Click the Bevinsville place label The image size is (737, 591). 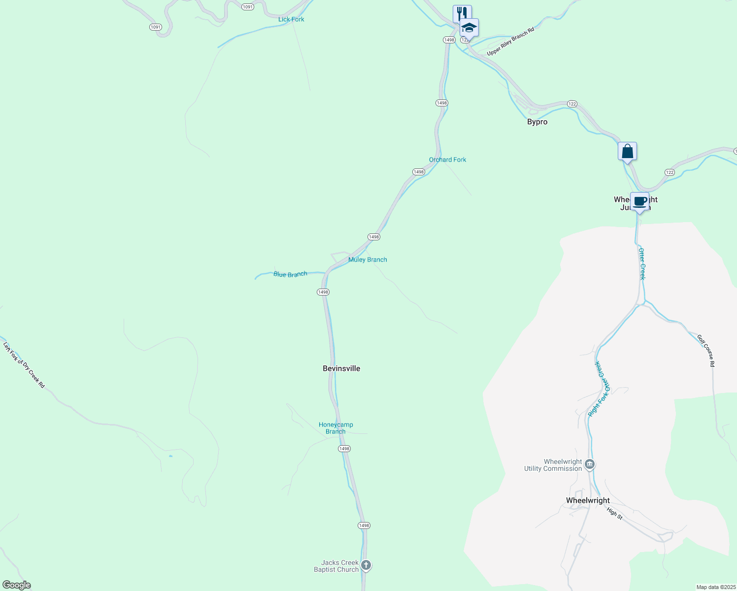click(341, 368)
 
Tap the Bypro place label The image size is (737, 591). click(537, 122)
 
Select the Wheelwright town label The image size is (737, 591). click(588, 500)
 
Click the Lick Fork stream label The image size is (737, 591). click(291, 19)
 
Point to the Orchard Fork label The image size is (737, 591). click(447, 160)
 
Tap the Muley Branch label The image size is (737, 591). click(368, 260)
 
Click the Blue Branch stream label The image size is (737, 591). click(290, 274)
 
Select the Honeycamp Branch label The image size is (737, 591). click(335, 428)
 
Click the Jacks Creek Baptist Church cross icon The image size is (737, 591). click(366, 565)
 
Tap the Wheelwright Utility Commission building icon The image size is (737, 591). click(590, 464)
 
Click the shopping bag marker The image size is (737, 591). click(627, 151)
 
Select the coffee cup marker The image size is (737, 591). click(639, 201)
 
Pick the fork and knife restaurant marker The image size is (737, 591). click(462, 13)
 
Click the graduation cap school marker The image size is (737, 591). click(469, 27)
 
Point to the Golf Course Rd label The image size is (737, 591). click(706, 350)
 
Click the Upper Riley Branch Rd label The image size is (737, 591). click(510, 42)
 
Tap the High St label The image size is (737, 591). click(615, 513)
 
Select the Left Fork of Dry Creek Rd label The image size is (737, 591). click(24, 365)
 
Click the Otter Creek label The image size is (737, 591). click(642, 264)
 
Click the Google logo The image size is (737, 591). click(17, 585)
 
